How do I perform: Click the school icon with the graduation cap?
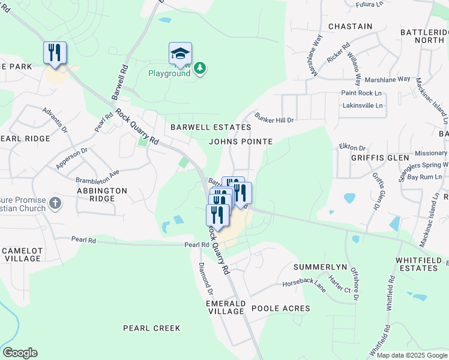pos(180,54)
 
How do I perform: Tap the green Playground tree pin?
pos(200,69)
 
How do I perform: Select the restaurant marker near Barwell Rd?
pos(55,52)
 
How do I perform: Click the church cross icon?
pos(55,202)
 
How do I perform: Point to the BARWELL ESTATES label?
pos(210,127)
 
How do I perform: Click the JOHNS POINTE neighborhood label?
pos(241,142)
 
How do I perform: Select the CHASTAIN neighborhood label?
pos(351,26)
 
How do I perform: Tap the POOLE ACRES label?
pos(280,308)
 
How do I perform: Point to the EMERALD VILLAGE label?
pos(226,307)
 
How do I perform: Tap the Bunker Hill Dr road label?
pos(274,117)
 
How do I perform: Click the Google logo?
pos(20,353)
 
